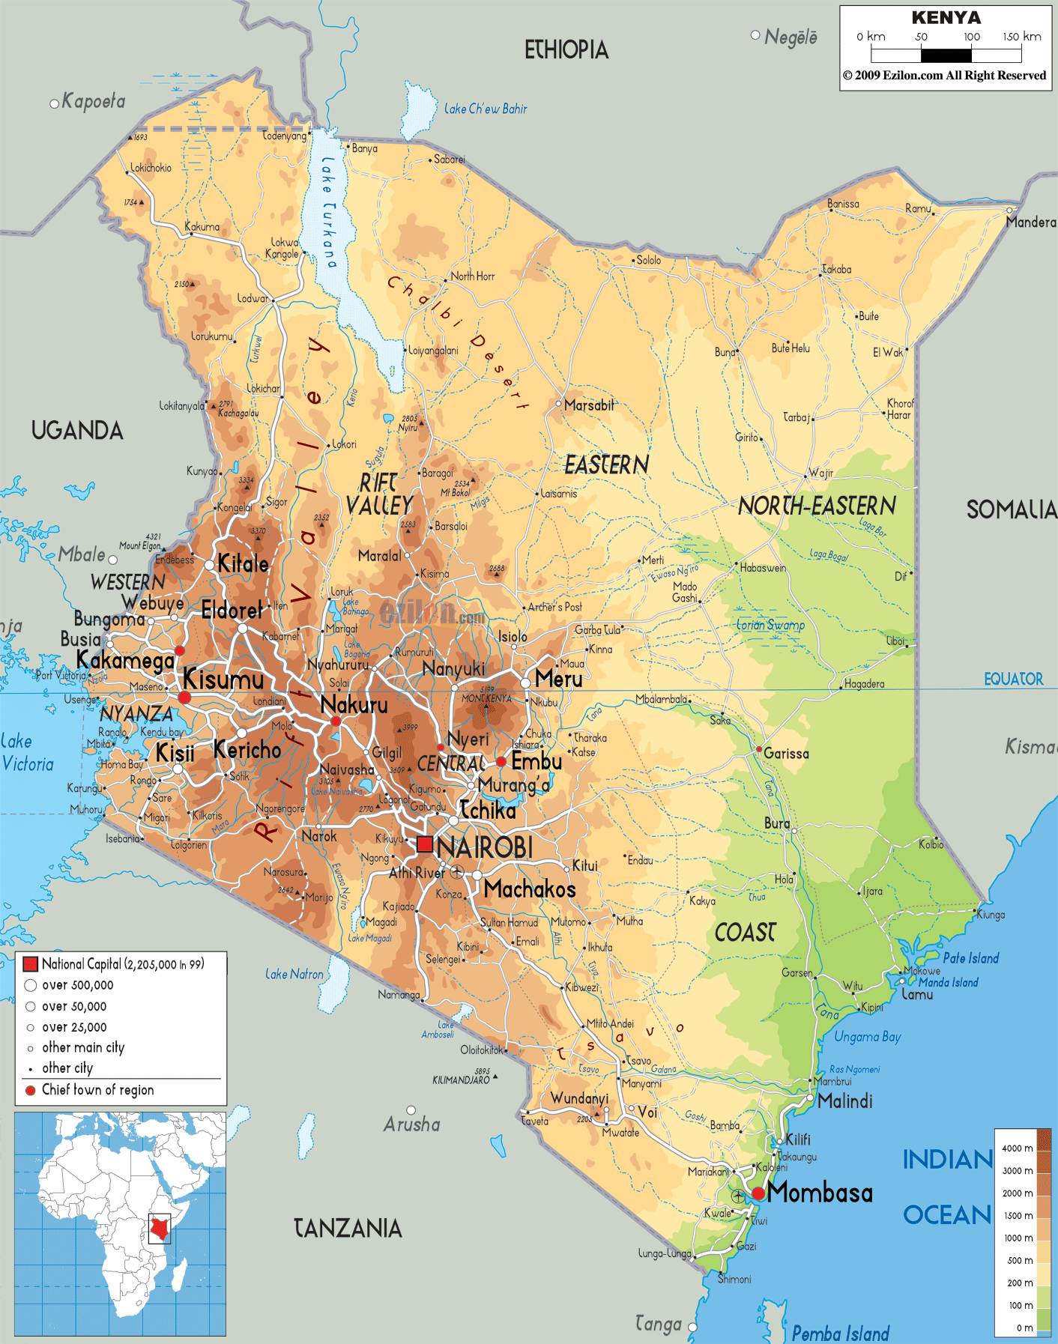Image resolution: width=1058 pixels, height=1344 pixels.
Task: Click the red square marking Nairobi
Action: pos(425,844)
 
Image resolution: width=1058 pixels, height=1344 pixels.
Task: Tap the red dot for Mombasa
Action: pos(758,1193)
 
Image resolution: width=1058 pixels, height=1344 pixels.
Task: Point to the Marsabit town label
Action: pos(589,405)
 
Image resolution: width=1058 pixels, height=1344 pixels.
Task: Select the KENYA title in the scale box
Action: pos(946,17)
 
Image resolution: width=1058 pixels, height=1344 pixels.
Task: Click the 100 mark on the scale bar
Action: pos(971,37)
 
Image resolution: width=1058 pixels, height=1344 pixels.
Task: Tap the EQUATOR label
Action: pos(1013,679)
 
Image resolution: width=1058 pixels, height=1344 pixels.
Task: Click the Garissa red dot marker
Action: pos(759,749)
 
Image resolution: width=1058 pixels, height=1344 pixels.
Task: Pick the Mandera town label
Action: pos(1031,223)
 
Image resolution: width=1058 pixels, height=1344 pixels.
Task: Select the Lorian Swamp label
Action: pos(770,625)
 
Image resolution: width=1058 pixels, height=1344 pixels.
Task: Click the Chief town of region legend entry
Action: pos(97,1090)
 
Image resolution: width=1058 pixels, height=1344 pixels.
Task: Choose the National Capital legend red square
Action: pos(31,964)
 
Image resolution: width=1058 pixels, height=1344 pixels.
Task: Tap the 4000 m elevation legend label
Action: pos(1017,1148)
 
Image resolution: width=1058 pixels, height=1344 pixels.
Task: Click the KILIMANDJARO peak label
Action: pos(461,1080)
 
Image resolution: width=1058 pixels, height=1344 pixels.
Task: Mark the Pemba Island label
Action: pos(840,1334)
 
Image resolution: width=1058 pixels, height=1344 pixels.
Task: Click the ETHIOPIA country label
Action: pos(566,50)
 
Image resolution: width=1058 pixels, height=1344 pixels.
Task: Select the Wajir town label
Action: pos(820,473)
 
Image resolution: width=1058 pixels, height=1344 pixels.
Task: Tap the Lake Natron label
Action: pos(294,974)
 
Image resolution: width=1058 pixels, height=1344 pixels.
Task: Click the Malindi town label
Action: pos(845,1101)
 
